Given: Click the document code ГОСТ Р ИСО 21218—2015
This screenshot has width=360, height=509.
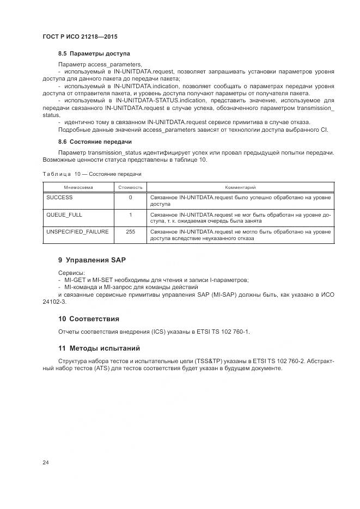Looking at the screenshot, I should point(80,36).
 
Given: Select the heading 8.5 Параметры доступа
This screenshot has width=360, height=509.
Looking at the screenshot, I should point(94,54).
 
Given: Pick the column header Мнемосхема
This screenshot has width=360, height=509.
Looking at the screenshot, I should point(77,187).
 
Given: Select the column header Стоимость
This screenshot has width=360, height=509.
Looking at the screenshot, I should point(130,187).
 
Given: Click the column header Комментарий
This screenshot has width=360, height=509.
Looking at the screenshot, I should point(240,187).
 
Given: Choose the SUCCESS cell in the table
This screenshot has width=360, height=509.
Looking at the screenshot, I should point(59,198).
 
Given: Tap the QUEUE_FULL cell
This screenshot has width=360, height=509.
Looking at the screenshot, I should point(64,214).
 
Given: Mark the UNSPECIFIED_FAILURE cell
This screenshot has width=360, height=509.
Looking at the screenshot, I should point(77,231).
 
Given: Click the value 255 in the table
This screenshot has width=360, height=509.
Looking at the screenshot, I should point(130,231).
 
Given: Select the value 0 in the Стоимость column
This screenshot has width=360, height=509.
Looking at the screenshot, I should point(130,198).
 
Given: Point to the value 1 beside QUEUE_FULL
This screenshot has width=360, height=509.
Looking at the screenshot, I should point(130,214).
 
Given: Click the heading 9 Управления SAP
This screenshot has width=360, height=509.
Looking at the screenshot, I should point(91,260).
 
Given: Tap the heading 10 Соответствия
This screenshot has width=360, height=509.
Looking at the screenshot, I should point(89,318).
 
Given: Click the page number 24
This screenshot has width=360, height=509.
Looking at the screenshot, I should point(46,463).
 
